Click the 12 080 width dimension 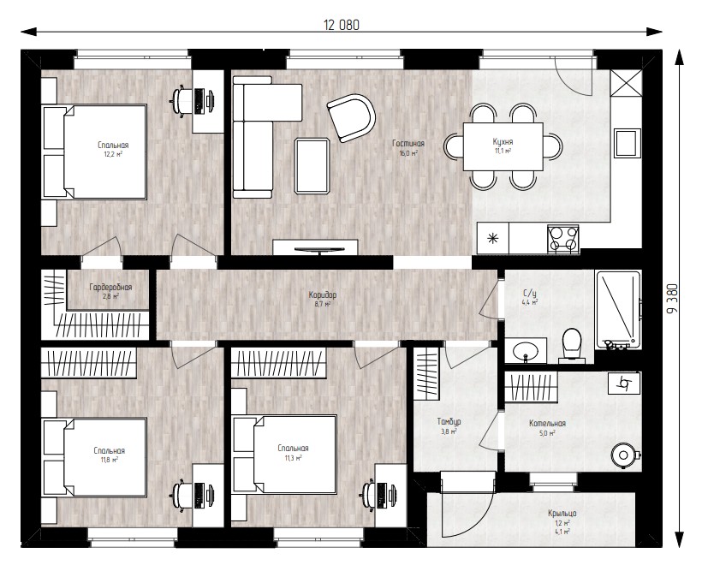[x=341, y=25]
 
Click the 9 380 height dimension [x=672, y=299]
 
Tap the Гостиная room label [x=408, y=143]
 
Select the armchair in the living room [x=352, y=118]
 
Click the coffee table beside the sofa [x=312, y=166]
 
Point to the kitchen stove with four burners [x=562, y=238]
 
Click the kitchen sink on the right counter [x=627, y=143]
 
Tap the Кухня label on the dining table [x=503, y=141]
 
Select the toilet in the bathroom [x=571, y=346]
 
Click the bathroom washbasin [x=526, y=350]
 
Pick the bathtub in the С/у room [x=618, y=310]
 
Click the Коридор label [x=323, y=295]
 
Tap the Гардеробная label [x=110, y=287]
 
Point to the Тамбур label [x=449, y=422]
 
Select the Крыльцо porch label [x=562, y=514]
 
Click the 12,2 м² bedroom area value [x=113, y=154]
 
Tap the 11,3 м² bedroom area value [x=293, y=457]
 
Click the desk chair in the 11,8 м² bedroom [x=181, y=495]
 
